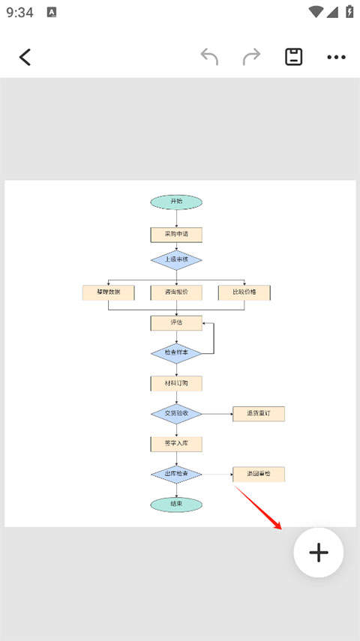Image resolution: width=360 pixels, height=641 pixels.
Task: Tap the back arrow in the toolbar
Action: [x=25, y=57]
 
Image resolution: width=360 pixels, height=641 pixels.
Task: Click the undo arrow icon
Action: [x=209, y=57]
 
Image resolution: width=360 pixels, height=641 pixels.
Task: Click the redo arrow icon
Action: [x=251, y=57]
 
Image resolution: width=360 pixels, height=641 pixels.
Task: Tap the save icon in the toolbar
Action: [x=294, y=57]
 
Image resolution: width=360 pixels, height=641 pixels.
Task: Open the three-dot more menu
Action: [x=336, y=57]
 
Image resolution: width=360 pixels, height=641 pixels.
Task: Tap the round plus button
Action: [x=319, y=553]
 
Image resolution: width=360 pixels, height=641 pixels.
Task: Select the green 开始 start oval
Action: [x=176, y=202]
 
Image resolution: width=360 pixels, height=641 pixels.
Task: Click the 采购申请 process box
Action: [x=176, y=234]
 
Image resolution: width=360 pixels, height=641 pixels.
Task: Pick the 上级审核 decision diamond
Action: [x=176, y=259]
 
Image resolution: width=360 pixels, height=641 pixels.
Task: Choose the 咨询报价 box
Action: [x=176, y=292]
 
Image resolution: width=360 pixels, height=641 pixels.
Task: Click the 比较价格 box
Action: [x=244, y=292]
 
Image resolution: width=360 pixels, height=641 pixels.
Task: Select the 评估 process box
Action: [x=176, y=322]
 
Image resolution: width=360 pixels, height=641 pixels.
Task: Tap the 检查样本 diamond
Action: [x=176, y=352]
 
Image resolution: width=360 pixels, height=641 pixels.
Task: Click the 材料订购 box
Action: [x=176, y=383]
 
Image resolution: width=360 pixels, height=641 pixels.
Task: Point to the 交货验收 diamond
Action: [x=176, y=413]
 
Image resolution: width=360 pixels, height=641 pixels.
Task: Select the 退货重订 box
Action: [x=259, y=413]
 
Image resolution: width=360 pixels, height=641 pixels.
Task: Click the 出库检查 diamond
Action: [x=176, y=474]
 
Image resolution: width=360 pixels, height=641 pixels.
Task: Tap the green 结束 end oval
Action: [x=176, y=505]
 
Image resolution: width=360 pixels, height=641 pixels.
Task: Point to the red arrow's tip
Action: [x=283, y=528]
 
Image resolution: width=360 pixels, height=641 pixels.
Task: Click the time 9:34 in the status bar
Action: [x=19, y=12]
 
